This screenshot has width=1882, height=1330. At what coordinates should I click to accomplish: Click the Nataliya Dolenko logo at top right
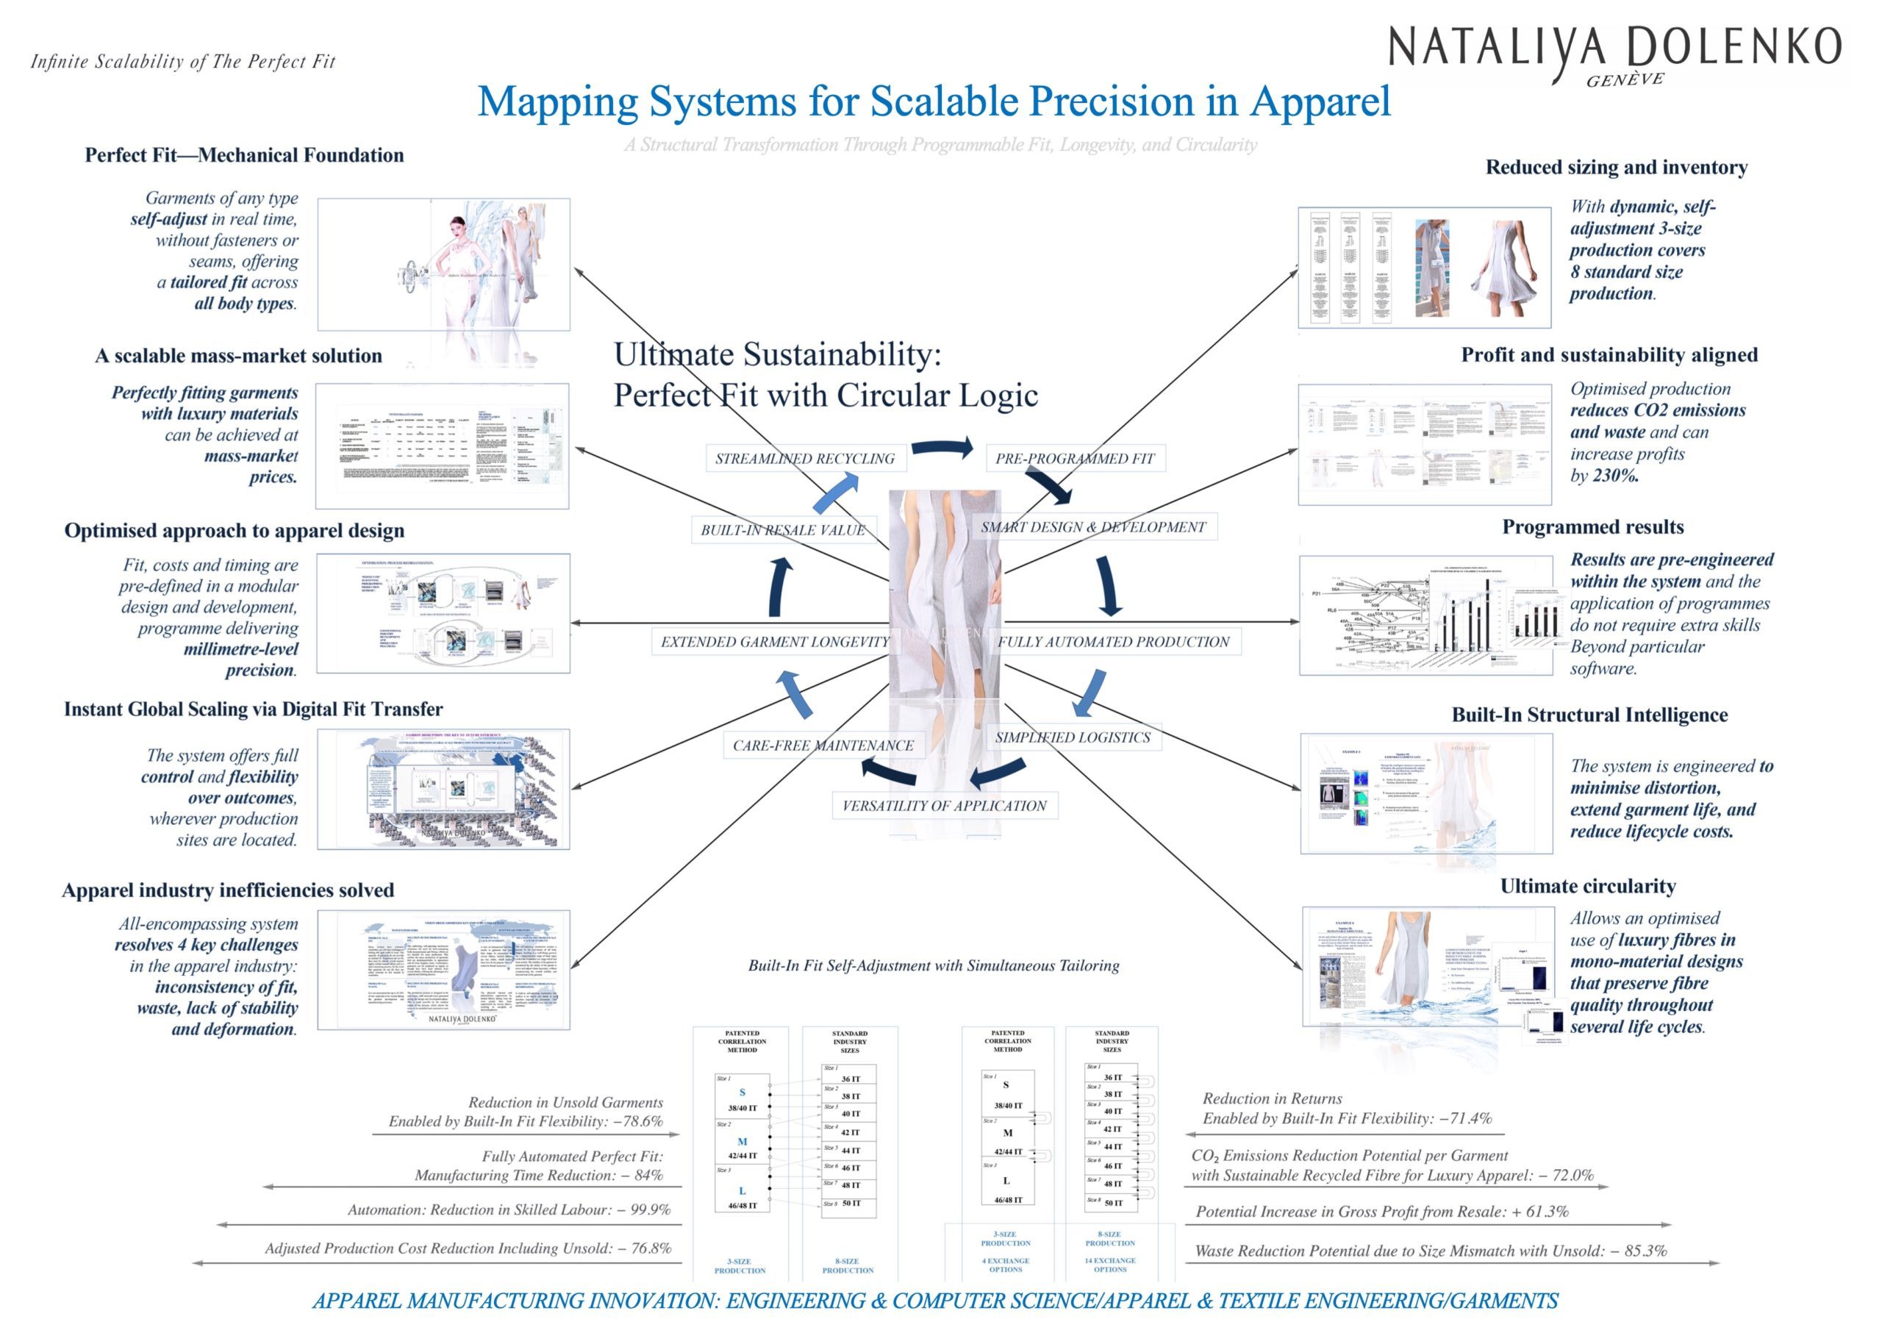(1613, 47)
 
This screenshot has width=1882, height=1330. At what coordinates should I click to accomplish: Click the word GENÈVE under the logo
(1625, 80)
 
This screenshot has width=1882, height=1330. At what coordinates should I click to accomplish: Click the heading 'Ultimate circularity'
(1588, 886)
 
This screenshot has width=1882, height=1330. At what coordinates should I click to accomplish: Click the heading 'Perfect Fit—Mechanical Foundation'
(244, 155)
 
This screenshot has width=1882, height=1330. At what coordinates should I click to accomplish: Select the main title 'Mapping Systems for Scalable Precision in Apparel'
(934, 101)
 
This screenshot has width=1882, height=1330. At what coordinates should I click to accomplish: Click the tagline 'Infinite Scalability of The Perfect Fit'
(183, 62)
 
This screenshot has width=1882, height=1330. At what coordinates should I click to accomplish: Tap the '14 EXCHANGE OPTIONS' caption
(1110, 1265)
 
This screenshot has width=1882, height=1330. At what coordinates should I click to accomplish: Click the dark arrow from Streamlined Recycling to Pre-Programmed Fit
(942, 447)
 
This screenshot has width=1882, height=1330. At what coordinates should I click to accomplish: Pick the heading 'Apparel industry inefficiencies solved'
(228, 890)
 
